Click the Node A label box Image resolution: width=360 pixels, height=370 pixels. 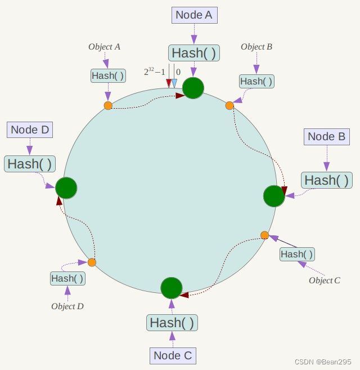pyautogui.click(x=194, y=15)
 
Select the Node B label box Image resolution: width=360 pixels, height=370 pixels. pyautogui.click(x=326, y=137)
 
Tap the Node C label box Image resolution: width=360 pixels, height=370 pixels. pyautogui.click(x=173, y=355)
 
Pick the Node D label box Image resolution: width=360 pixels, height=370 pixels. pyautogui.click(x=30, y=130)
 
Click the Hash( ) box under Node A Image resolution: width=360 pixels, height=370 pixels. pyautogui.click(x=194, y=53)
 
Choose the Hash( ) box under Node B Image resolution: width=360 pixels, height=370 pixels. pyautogui.click(x=327, y=180)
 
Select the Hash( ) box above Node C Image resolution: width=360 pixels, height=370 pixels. pyautogui.click(x=173, y=323)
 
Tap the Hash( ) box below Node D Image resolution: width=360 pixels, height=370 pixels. pyautogui.click(x=30, y=164)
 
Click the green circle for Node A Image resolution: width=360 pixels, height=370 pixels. pyautogui.click(x=193, y=88)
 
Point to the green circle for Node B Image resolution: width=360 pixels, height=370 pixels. pyautogui.click(x=274, y=196)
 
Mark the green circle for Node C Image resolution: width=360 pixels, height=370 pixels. pyautogui.click(x=171, y=288)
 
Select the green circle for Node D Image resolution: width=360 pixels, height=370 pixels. pyautogui.click(x=66, y=188)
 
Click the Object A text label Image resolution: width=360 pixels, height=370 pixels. pyautogui.click(x=105, y=47)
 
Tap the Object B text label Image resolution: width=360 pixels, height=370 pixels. pyautogui.click(x=256, y=47)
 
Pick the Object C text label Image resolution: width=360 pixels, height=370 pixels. pyautogui.click(x=325, y=280)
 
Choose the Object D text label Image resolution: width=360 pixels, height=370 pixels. pyautogui.click(x=67, y=306)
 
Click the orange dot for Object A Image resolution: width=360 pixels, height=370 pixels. pyautogui.click(x=108, y=105)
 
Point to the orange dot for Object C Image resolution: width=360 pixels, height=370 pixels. pyautogui.click(x=265, y=235)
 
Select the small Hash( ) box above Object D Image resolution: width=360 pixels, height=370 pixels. pyautogui.click(x=67, y=278)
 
